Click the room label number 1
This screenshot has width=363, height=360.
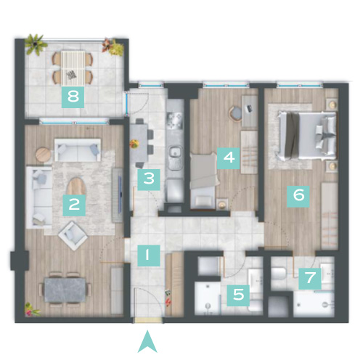[x=149, y=255]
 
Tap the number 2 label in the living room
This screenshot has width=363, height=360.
[x=74, y=205]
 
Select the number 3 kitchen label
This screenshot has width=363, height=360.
[x=149, y=179]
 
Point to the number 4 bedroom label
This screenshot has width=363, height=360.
[x=228, y=158]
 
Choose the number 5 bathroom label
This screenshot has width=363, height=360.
[x=238, y=295]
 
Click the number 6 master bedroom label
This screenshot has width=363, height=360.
[x=298, y=197]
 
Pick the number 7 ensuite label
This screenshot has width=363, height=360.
[x=310, y=279]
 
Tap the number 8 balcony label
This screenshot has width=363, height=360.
[x=73, y=97]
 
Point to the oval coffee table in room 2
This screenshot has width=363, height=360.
[x=76, y=187]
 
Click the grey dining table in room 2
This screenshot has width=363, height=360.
[x=65, y=290]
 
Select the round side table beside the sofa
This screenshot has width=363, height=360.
[x=43, y=155]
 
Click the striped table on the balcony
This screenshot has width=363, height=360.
[x=73, y=67]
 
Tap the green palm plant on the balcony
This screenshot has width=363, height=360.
[x=36, y=44]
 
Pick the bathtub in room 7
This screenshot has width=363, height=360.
[x=314, y=304]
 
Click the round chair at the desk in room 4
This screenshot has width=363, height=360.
[x=235, y=113]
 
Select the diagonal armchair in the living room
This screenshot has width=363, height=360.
[x=73, y=235]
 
